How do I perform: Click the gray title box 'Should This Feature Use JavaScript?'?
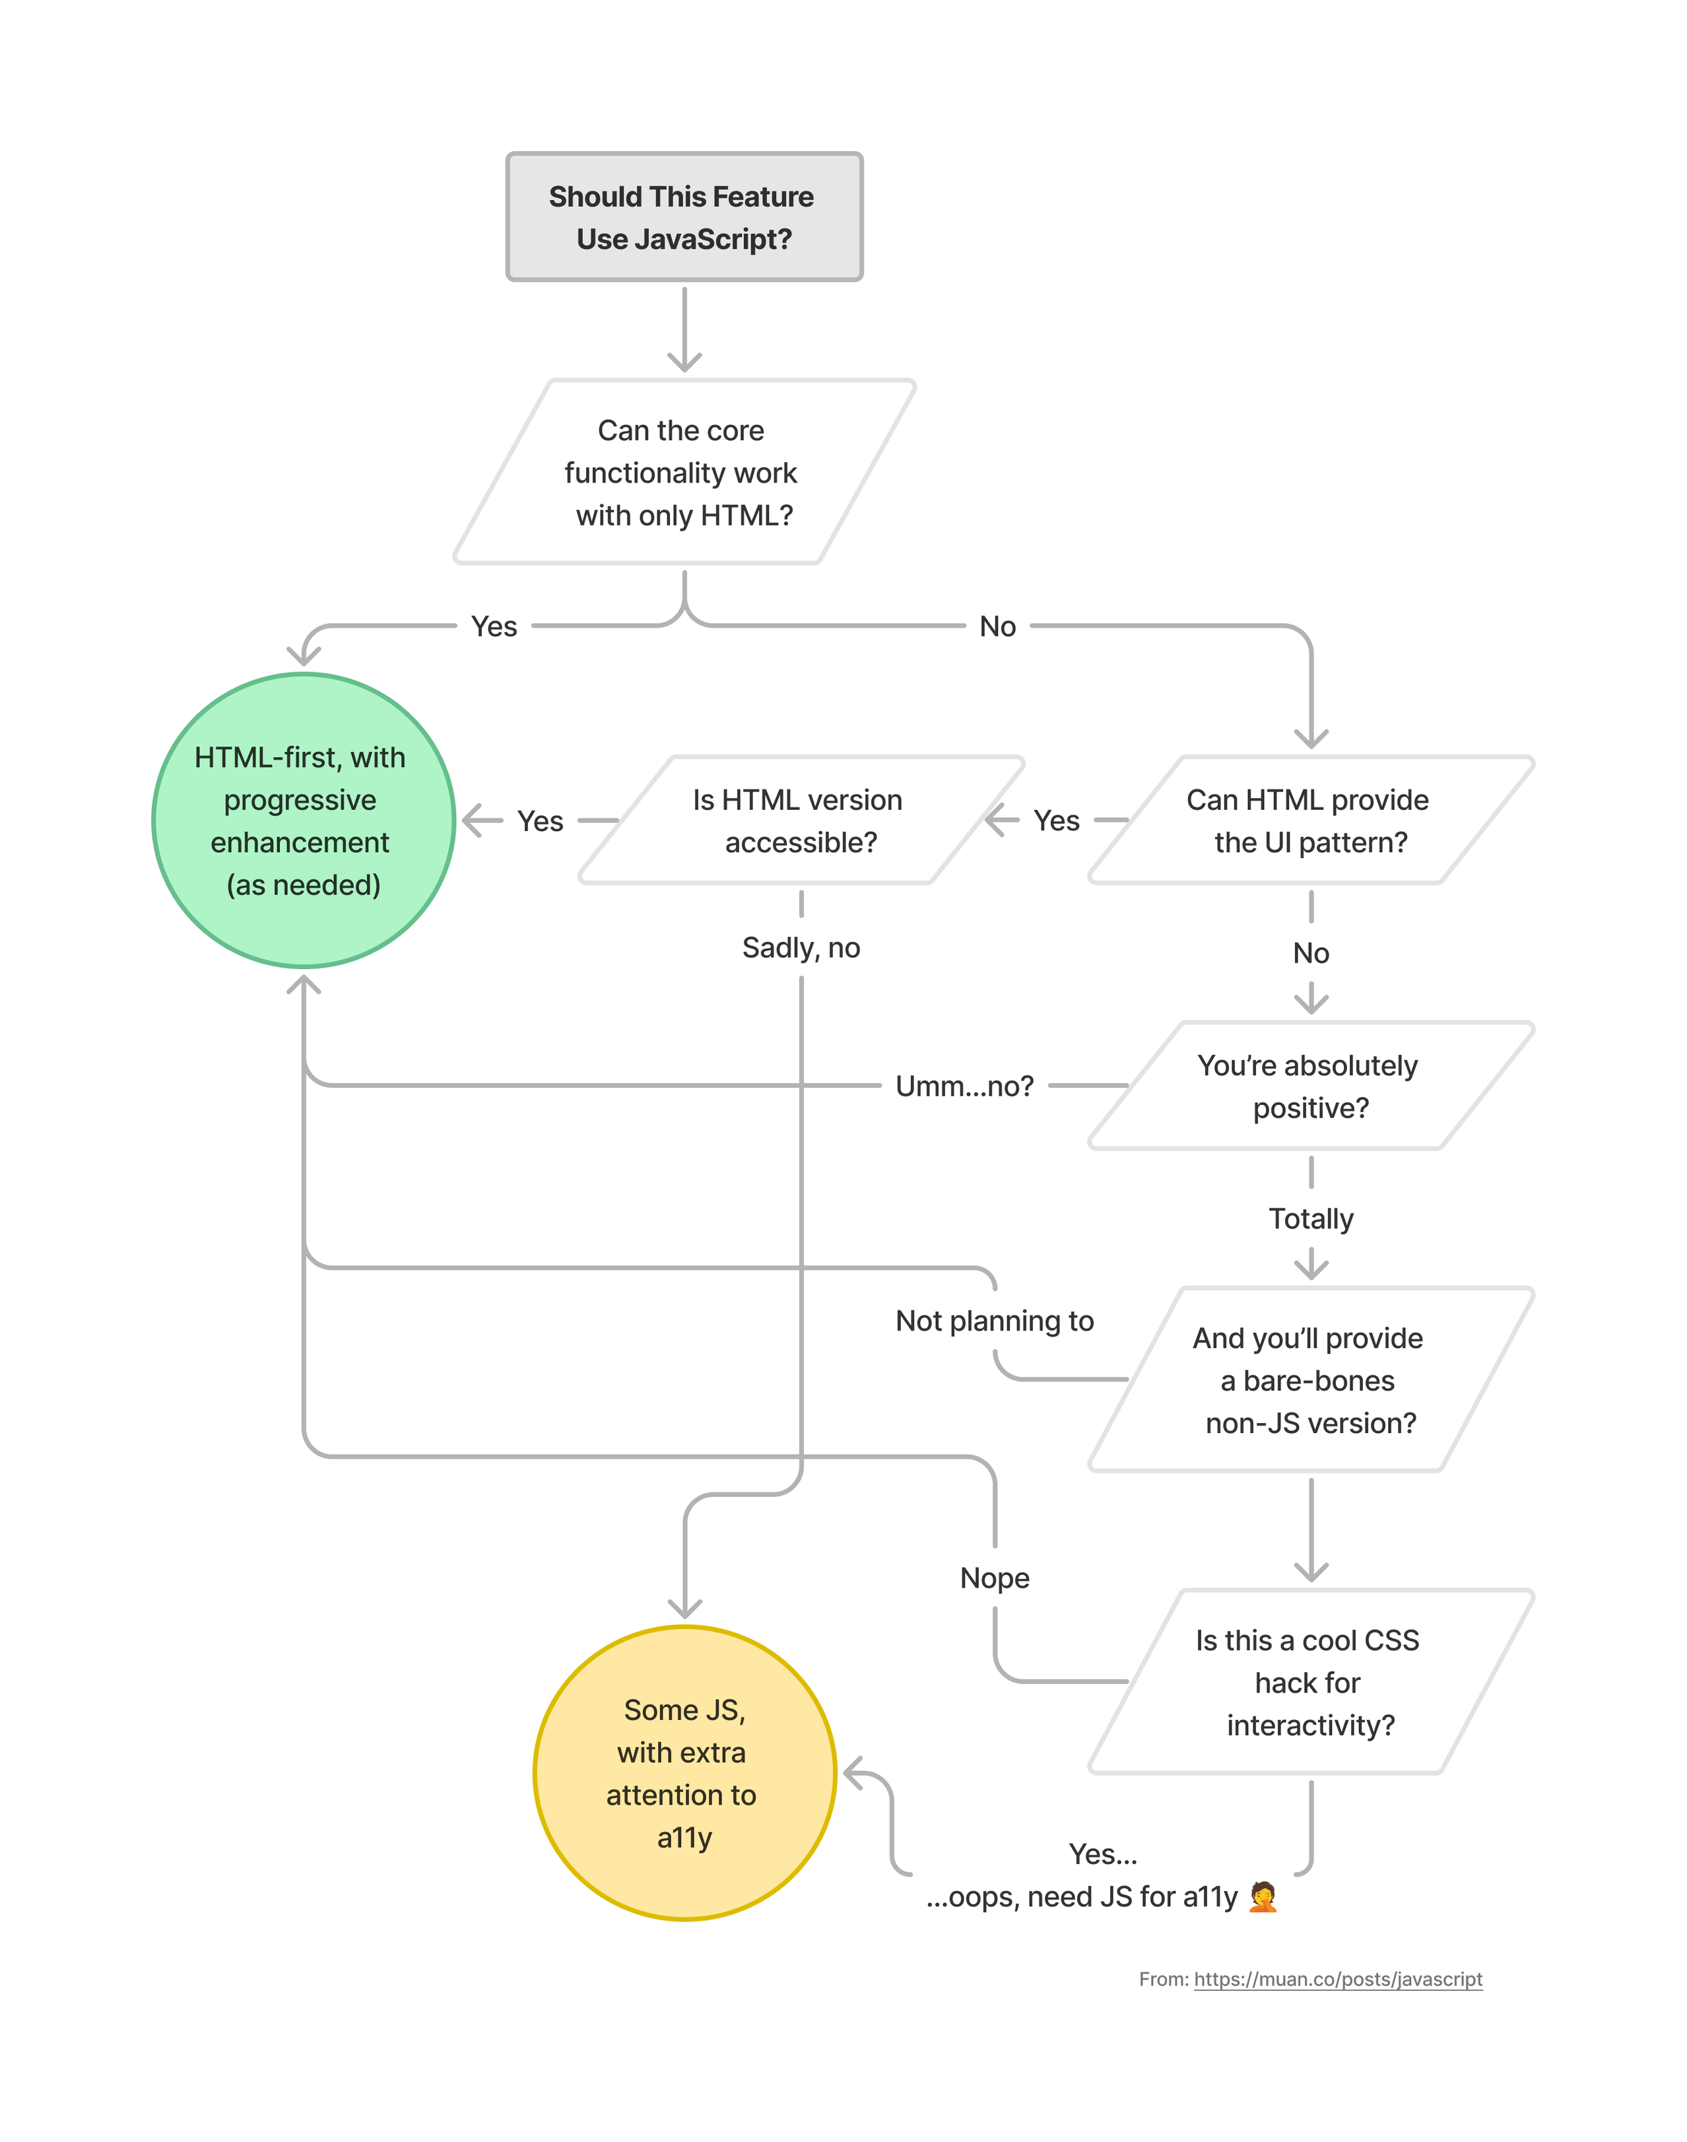(x=684, y=217)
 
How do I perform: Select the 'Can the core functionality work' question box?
(x=684, y=472)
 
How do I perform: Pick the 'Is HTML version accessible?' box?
(x=801, y=820)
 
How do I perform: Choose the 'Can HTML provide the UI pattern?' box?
(x=1311, y=820)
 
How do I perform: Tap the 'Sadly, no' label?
(x=801, y=948)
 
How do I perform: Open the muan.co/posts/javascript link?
(x=1339, y=1979)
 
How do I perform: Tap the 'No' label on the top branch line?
(x=997, y=626)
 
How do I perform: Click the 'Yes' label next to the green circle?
(x=541, y=820)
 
